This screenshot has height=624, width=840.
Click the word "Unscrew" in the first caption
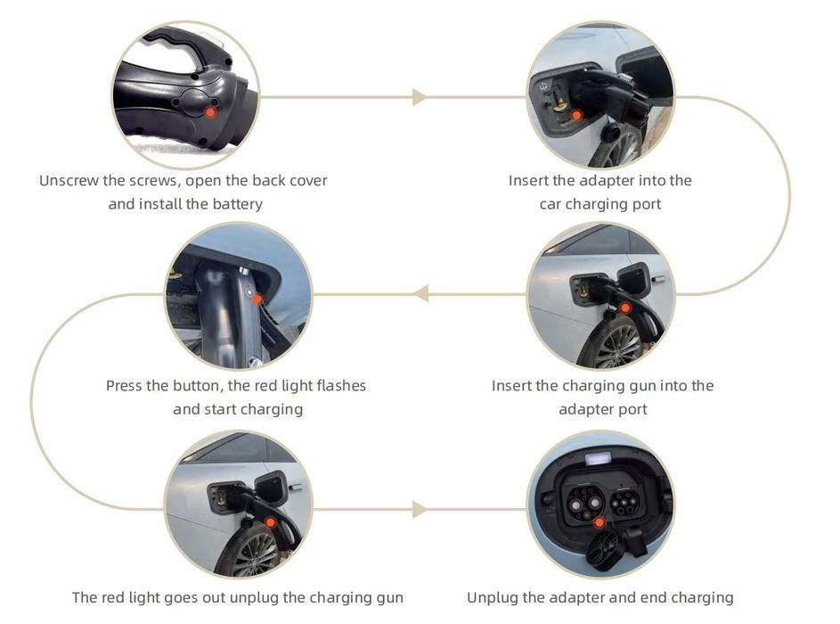pyautogui.click(x=68, y=181)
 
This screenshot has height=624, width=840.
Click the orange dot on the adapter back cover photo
pyautogui.click(x=210, y=111)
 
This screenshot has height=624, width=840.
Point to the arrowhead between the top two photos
pyautogui.click(x=419, y=97)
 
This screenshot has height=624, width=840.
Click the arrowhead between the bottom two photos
pyautogui.click(x=419, y=510)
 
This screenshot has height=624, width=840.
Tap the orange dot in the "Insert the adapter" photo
pyautogui.click(x=576, y=115)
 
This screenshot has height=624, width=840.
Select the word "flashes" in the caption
pyautogui.click(x=338, y=386)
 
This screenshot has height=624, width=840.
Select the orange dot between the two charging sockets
pyautogui.click(x=599, y=522)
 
